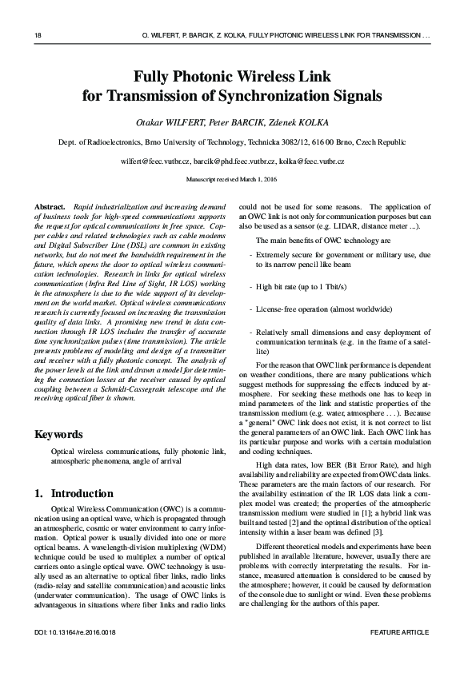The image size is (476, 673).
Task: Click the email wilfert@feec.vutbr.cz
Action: pos(155,161)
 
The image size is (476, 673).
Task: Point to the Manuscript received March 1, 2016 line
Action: pos(238,181)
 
